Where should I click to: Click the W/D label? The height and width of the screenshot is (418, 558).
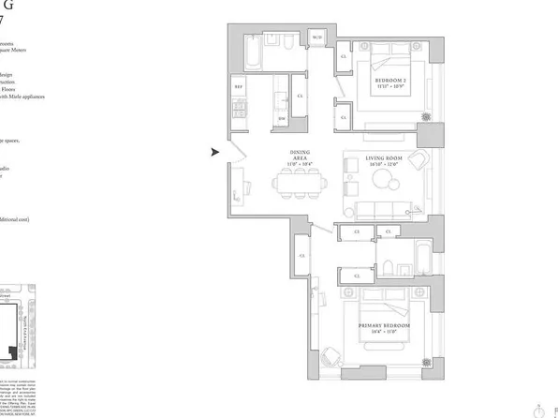[317, 37]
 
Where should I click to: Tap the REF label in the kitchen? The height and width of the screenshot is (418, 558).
[238, 88]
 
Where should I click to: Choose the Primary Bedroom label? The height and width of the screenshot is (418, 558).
[386, 328]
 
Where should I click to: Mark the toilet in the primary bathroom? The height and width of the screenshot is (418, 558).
[388, 271]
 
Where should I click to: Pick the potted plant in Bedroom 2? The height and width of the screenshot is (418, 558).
[427, 118]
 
